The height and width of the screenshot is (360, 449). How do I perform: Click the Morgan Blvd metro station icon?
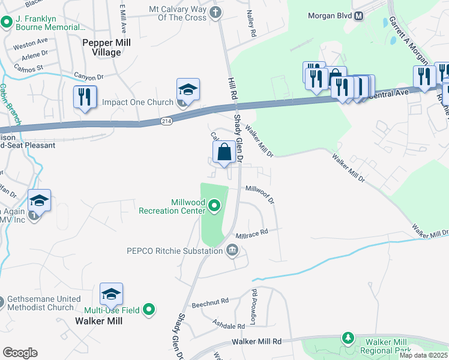pos(359,16)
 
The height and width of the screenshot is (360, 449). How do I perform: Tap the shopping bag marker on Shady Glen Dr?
pos(224,153)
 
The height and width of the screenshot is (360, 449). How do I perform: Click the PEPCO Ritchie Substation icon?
pos(232,251)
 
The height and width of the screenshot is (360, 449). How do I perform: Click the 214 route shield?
pos(167,121)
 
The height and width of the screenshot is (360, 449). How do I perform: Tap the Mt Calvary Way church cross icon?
pos(215,11)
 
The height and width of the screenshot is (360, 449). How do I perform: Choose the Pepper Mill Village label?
pos(101,47)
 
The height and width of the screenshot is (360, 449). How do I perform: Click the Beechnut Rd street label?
pos(216,301)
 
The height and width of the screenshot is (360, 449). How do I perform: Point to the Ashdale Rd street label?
pos(229,325)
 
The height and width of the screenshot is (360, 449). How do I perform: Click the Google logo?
pos(20,353)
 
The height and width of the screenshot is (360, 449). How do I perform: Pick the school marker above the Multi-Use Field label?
pos(111,294)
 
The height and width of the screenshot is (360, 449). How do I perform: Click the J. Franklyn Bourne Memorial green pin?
pos(7,23)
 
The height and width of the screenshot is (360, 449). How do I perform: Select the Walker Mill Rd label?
pos(256,341)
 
